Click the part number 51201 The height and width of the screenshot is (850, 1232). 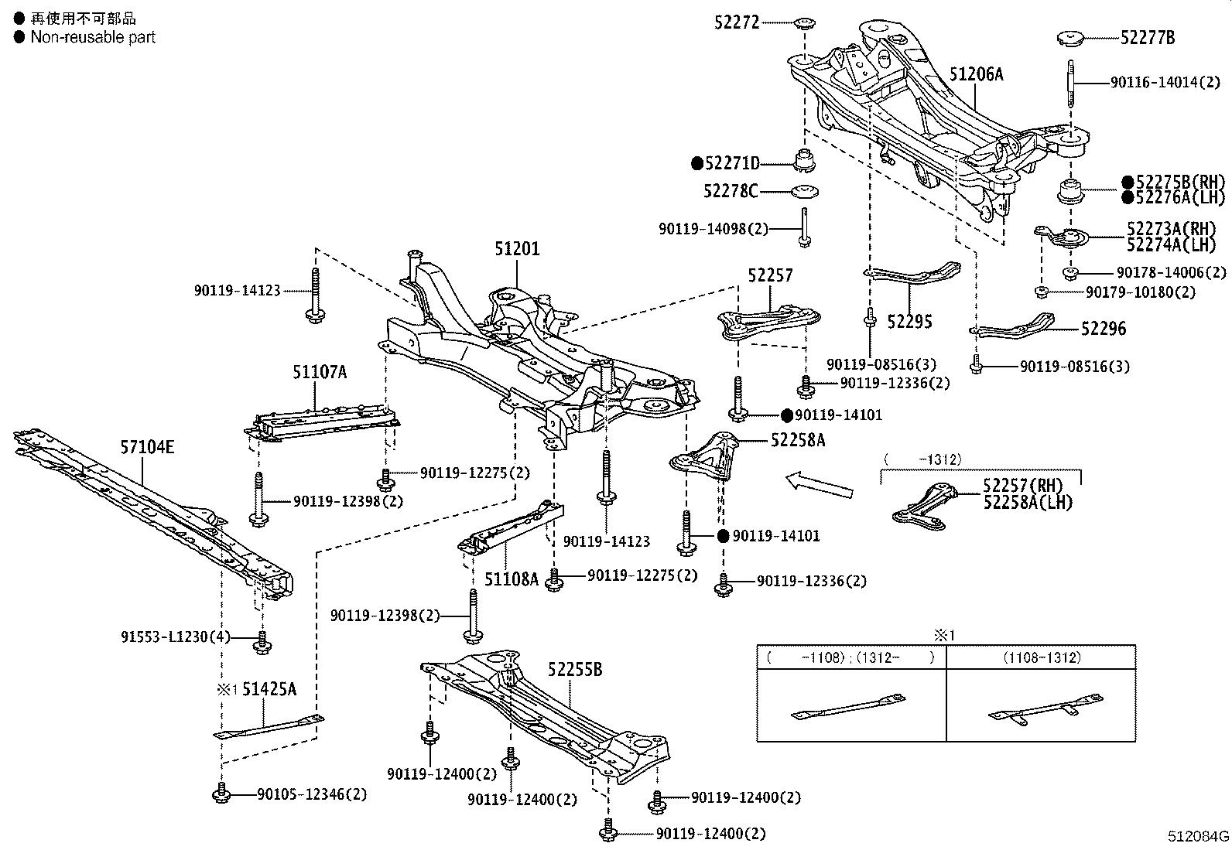517,249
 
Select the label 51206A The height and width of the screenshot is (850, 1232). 977,74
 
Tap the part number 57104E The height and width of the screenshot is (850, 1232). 147,447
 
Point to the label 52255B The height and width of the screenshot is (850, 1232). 575,669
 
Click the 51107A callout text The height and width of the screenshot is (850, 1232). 320,372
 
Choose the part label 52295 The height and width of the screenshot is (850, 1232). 910,322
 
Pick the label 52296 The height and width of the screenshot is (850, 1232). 1104,329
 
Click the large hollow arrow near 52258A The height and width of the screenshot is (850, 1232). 820,484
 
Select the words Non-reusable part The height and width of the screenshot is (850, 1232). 93,37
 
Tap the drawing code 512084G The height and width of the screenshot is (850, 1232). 1198,836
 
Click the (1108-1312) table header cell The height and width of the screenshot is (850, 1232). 1042,657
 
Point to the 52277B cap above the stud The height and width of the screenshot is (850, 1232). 1069,39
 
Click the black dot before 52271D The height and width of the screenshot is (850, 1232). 696,163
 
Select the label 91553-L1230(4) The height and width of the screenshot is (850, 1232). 176,637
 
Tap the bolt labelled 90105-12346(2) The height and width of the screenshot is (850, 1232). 221,793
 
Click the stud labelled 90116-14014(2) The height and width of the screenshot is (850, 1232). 1071,84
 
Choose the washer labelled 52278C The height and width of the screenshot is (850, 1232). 805,192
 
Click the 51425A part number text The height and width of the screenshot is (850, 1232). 269,688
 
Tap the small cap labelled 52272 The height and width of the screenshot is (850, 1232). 805,23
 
